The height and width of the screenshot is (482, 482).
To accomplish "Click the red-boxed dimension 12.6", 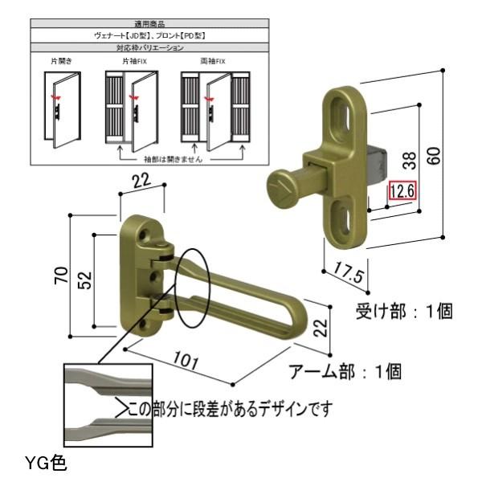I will (402, 191).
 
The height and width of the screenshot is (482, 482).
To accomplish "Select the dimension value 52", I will (86, 278).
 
